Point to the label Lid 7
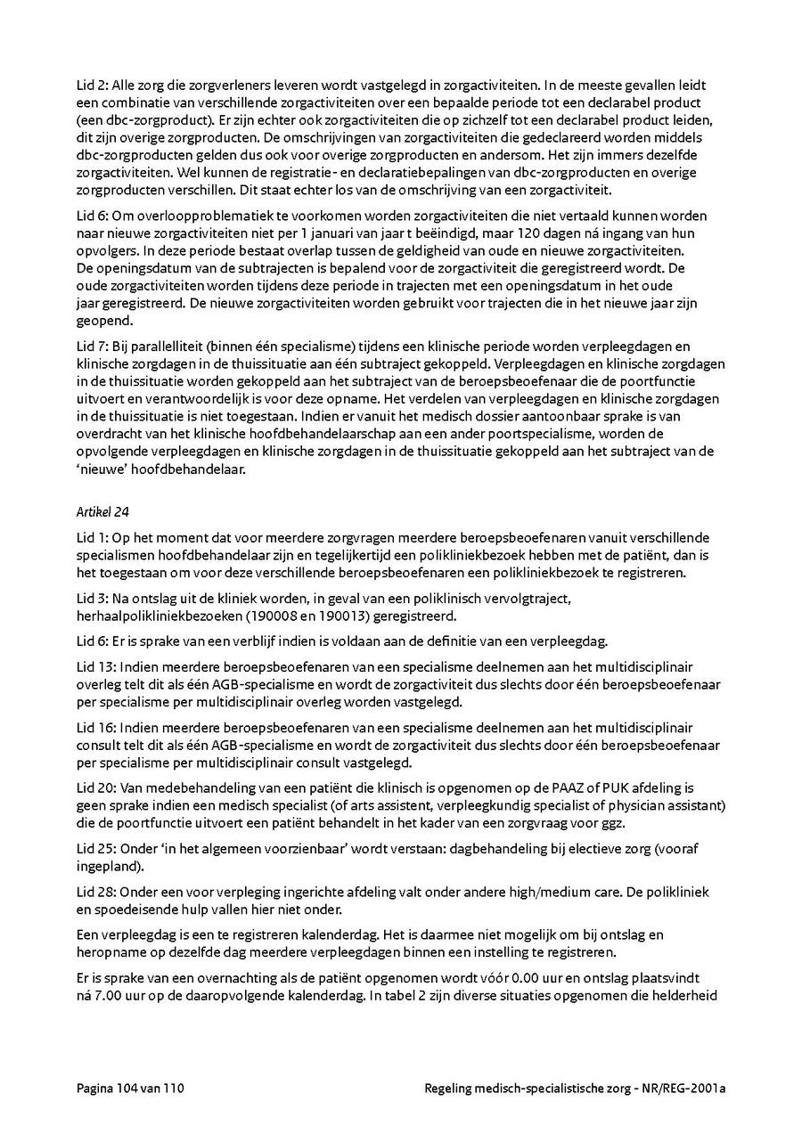click(89, 346)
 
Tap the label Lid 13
click(92, 666)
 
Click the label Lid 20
click(93, 787)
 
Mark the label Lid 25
click(93, 850)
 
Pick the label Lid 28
click(93, 893)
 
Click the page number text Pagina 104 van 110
click(130, 1088)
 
